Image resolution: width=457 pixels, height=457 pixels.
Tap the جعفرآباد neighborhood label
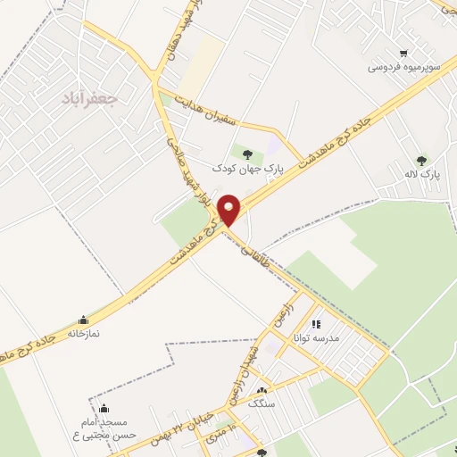pos(88,96)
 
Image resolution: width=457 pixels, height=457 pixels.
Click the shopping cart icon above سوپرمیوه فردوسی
pos(405,53)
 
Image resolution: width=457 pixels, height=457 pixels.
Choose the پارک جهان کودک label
pos(247,168)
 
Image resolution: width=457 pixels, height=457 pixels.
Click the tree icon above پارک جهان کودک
pos(247,154)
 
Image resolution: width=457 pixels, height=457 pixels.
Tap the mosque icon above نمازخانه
pos(83,320)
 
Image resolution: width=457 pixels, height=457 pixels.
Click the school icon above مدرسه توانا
pos(315,324)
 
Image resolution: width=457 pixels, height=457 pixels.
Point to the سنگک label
pos(262,403)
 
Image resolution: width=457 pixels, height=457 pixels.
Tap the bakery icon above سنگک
pos(262,391)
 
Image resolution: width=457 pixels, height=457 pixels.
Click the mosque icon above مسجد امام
pos(103,409)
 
